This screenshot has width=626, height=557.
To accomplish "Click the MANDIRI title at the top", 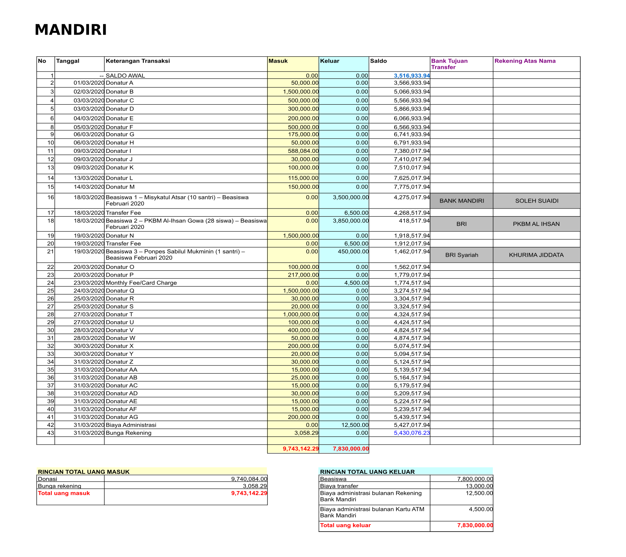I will pos(71,30).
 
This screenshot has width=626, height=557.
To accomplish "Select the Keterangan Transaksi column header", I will pos(138,61).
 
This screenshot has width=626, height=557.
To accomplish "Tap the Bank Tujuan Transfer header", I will pos(449,64).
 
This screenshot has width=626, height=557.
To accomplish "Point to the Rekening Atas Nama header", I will pos(525,61).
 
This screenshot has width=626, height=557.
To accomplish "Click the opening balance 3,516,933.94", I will pos(411,76).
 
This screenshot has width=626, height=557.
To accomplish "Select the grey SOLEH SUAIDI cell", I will pos(537,201).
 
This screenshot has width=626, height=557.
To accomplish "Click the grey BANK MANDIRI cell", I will pos(461,201).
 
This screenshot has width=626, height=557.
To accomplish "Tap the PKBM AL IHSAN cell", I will pos(536,224).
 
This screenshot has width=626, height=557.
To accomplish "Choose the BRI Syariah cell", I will pos(461,255).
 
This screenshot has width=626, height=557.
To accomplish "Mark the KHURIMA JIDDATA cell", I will pos(536,255).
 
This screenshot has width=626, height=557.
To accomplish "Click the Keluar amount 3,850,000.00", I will pos(350,221).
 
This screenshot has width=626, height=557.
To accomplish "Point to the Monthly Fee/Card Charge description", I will pos(141,283).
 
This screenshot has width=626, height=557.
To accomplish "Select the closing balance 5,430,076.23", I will pos(411,433).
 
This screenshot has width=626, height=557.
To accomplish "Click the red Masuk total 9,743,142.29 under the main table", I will pos(300,449).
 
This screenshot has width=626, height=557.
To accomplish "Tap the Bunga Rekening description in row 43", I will pos(128,433).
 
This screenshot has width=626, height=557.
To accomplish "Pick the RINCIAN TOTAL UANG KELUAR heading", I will pos(367,472).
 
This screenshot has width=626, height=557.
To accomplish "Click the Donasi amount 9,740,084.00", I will pos(249,479).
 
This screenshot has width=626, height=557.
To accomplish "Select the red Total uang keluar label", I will pos(345,525).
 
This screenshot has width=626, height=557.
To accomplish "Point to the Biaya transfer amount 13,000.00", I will pos(479,486).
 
